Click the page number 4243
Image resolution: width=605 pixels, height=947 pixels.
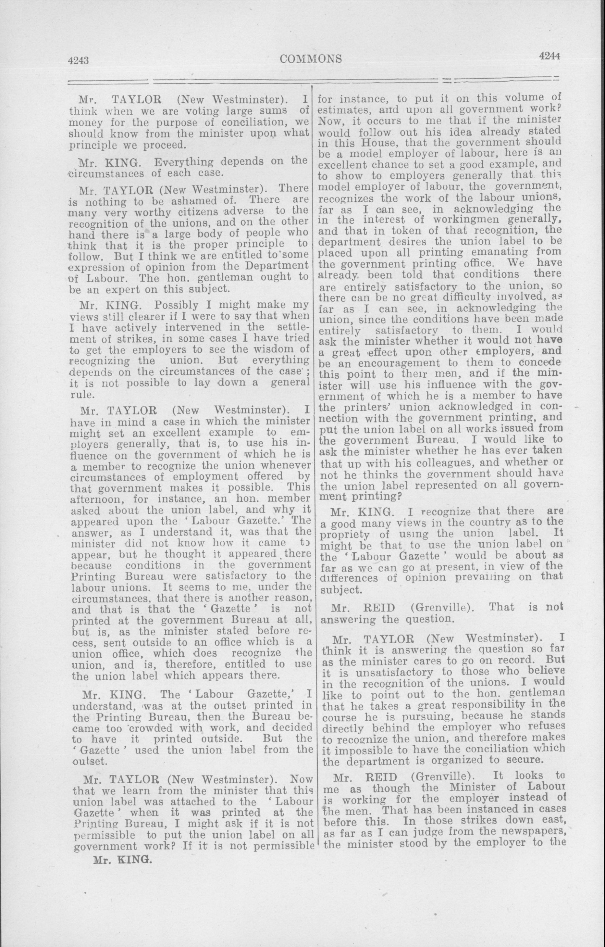[79, 60]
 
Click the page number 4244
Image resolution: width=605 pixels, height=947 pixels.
[549, 56]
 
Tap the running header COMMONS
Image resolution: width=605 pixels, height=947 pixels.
[311, 58]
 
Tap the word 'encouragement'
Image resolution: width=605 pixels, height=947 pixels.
[400, 363]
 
